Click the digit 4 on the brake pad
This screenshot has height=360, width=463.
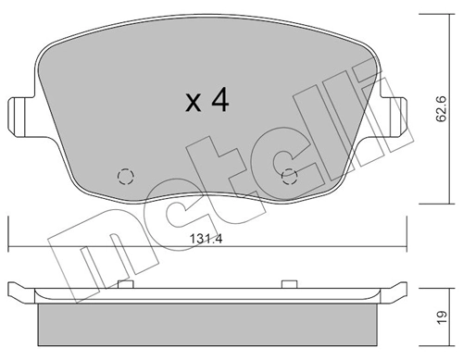219,101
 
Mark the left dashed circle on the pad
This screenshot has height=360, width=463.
124,177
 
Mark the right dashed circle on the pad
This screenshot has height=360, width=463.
288,177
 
